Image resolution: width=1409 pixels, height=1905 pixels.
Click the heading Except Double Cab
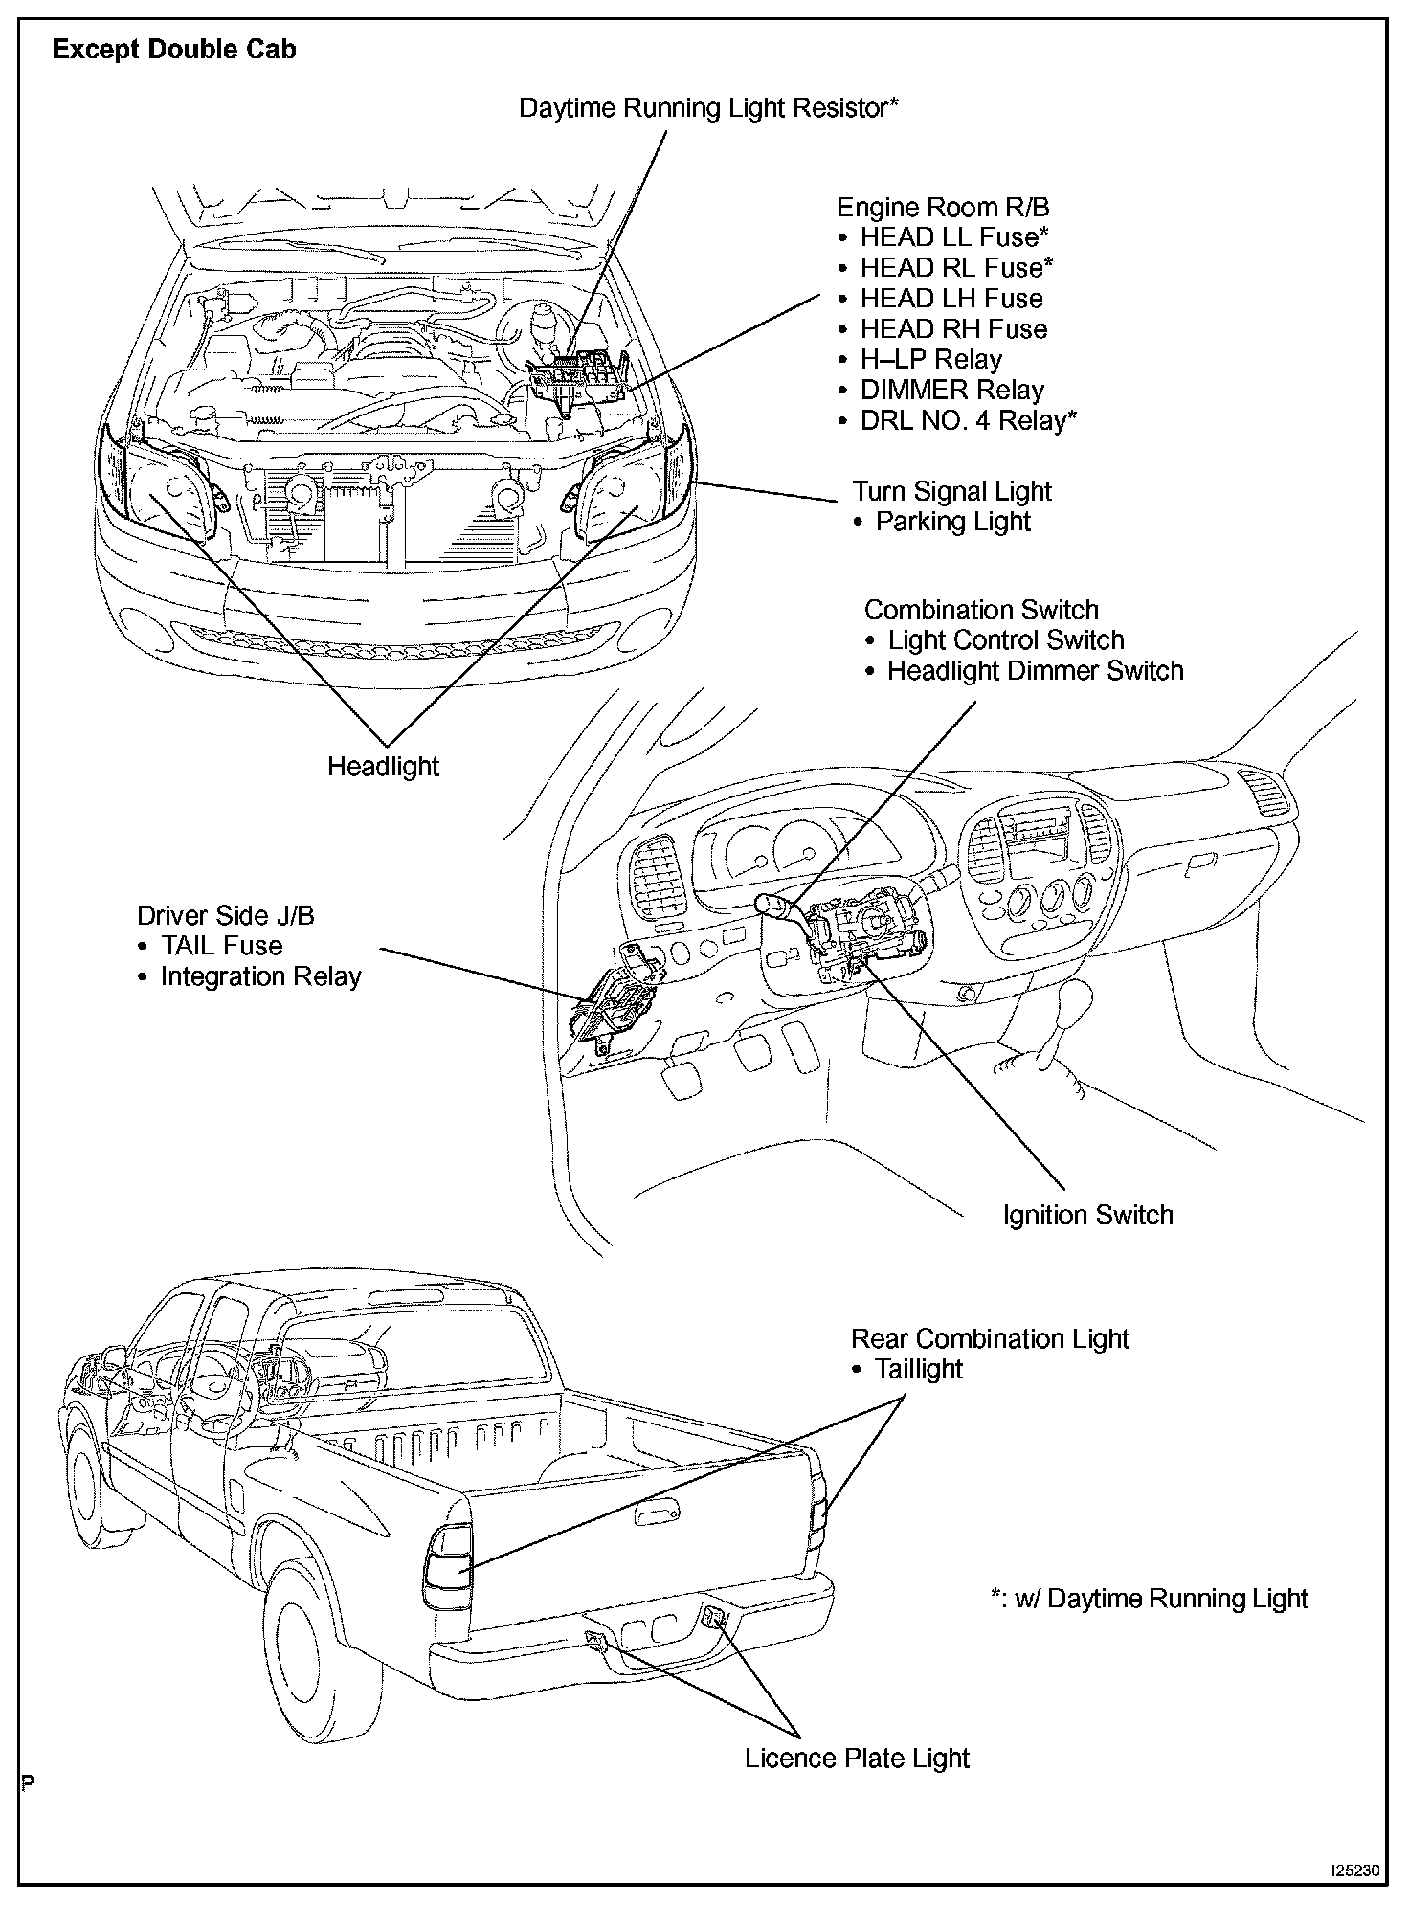(x=174, y=50)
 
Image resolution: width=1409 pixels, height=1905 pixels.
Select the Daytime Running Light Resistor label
(x=708, y=108)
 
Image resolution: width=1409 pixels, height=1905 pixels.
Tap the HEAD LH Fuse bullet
(x=951, y=299)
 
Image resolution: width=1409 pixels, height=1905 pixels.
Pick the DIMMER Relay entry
(x=951, y=391)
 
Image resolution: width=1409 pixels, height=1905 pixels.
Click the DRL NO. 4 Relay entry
(x=968, y=421)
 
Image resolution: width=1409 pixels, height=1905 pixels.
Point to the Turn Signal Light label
(x=951, y=492)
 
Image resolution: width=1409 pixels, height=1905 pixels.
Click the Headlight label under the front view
(x=383, y=767)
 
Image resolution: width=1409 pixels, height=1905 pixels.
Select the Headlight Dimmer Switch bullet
(x=1035, y=671)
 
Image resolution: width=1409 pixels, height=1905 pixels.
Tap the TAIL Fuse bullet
(x=221, y=946)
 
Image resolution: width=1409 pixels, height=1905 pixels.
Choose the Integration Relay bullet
(x=260, y=976)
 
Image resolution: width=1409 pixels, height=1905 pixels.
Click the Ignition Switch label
(x=1087, y=1216)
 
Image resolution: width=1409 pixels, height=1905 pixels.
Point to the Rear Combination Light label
(x=990, y=1338)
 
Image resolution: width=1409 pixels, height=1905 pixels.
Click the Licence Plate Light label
(x=857, y=1759)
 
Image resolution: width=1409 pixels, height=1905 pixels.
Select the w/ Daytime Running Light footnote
(x=1150, y=1599)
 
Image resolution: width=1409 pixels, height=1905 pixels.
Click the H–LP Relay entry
(x=930, y=360)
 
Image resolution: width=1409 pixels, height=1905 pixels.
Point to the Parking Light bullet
(x=952, y=523)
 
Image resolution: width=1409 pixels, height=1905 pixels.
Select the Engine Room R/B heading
(x=943, y=208)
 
